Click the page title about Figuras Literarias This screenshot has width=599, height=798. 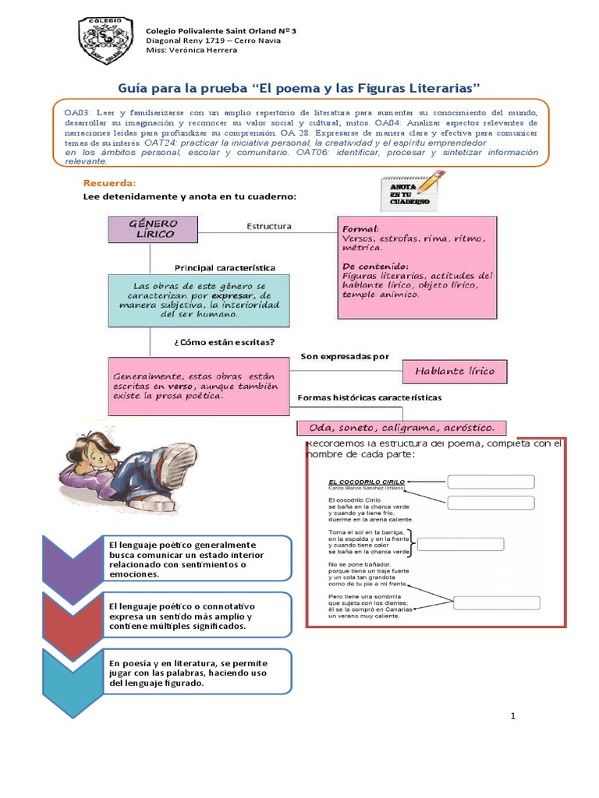click(299, 83)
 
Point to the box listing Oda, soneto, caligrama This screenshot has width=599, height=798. click(402, 429)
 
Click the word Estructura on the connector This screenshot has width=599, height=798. click(269, 227)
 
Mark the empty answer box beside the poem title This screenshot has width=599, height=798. click(491, 482)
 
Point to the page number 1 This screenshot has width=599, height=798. click(513, 716)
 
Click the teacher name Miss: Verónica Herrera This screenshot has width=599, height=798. click(192, 51)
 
